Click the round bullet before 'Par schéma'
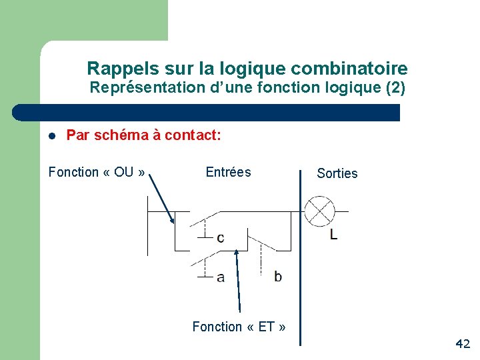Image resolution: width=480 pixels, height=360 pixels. click(x=51, y=136)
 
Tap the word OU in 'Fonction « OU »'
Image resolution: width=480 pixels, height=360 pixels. click(x=123, y=173)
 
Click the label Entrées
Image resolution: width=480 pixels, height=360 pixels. click(x=228, y=173)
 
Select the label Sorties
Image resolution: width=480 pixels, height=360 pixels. click(x=337, y=173)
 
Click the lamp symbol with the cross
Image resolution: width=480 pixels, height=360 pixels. click(x=319, y=211)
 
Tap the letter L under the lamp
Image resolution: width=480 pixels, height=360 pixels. click(x=333, y=234)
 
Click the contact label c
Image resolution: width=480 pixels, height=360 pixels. click(x=220, y=238)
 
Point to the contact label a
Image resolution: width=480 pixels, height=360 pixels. click(x=220, y=277)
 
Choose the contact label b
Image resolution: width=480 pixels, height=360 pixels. click(x=277, y=276)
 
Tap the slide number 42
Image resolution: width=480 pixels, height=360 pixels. click(x=462, y=344)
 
